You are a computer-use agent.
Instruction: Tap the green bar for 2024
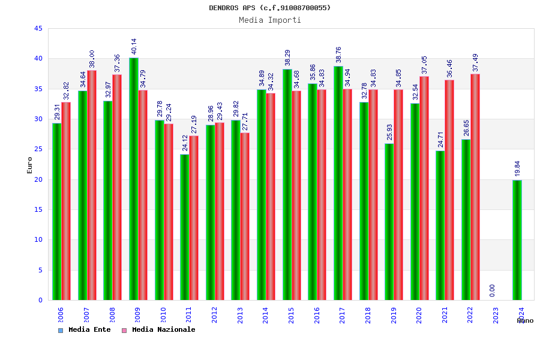coord(517,240)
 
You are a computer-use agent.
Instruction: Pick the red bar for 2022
coord(475,187)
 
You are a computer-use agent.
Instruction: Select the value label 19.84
coord(518,169)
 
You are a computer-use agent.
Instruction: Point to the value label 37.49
coord(476,62)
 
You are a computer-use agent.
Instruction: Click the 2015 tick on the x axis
coord(291,316)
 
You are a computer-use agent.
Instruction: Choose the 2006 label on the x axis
coord(61,316)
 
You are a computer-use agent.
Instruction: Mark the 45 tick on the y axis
coord(38,29)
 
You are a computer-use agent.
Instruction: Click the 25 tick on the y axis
coord(38,149)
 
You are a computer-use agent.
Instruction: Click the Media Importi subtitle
coord(270,20)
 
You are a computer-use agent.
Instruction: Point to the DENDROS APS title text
coord(270,8)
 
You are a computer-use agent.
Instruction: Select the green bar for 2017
coord(338,183)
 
